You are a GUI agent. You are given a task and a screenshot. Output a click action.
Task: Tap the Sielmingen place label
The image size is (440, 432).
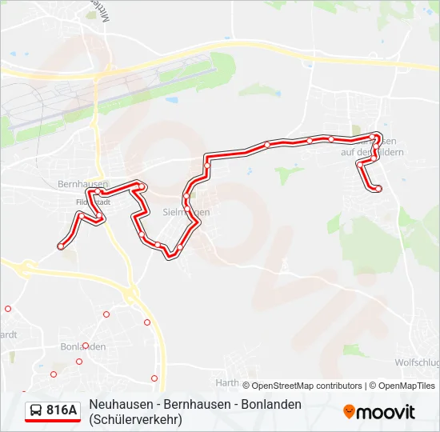[x=186, y=212]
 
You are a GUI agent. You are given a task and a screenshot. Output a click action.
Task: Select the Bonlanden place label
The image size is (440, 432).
[x=82, y=346]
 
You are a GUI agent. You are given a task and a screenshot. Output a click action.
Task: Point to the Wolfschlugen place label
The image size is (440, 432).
[x=417, y=362]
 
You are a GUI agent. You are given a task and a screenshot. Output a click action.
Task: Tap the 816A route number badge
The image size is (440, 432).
[x=62, y=410]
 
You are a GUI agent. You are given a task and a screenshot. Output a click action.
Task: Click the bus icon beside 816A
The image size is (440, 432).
[x=36, y=411]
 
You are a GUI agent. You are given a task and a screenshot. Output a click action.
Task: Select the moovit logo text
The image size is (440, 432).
[x=386, y=412]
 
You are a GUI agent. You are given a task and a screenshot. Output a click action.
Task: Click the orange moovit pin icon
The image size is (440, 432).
[x=349, y=412]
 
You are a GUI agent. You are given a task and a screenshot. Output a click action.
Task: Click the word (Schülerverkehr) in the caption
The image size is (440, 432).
[x=136, y=418]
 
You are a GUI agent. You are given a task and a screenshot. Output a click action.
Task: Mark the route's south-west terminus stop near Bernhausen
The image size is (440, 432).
[x=61, y=246]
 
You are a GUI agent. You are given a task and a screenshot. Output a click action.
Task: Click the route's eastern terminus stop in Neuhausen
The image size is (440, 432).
[x=378, y=189]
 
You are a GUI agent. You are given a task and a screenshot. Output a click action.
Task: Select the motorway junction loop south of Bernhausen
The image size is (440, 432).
[x=131, y=296]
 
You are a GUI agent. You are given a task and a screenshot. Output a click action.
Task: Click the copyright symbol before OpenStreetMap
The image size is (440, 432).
[x=246, y=386]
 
